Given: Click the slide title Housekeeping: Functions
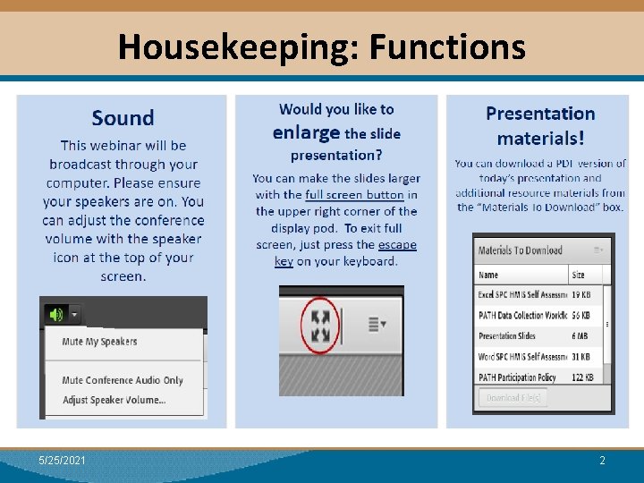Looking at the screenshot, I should pos(321,46).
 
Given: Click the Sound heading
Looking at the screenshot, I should pos(123,118).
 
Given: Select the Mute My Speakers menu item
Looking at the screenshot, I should pos(99,342).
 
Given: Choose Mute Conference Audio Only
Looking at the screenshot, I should pos(123,380).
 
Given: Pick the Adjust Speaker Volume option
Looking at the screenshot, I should pos(114,400).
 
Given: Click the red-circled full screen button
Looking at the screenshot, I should pos(319,326).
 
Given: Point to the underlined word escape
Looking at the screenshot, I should pos(397,244).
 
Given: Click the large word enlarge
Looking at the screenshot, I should pos(306,133).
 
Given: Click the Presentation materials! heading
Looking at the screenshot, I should pos(540,125).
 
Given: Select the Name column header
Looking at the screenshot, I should pos(488,275).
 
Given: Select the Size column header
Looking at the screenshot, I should pos(578,275).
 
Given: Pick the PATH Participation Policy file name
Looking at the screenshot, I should pos(518,377).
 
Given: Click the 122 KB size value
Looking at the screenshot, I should pos(584,377).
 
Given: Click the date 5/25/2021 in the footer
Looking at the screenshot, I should pos(63,460).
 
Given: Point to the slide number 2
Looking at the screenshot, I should pos(602,460).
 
